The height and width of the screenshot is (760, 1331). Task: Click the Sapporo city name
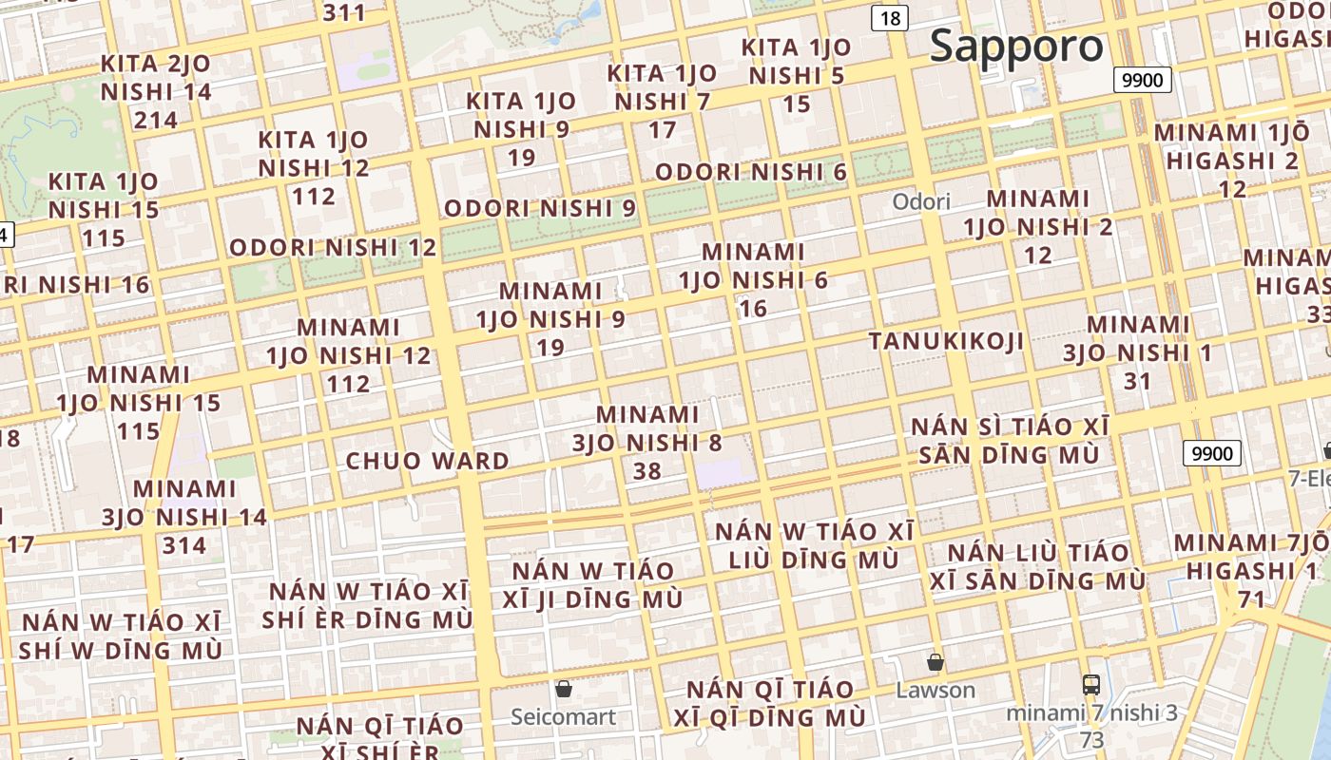(x=1016, y=47)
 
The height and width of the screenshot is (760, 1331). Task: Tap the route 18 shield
(x=890, y=18)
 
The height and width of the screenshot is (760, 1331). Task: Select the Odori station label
(x=921, y=201)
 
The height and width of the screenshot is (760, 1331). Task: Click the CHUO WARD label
(x=427, y=462)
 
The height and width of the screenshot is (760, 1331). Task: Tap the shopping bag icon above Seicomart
(x=564, y=688)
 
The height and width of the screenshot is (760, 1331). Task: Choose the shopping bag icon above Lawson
(x=936, y=662)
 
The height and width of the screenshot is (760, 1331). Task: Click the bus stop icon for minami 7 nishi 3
(x=1091, y=684)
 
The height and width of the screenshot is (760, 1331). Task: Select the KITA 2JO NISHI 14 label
(x=156, y=91)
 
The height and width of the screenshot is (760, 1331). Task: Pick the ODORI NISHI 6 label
(x=750, y=172)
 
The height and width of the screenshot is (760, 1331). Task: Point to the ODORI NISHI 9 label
(x=540, y=208)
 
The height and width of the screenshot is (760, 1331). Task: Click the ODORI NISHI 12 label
(x=333, y=248)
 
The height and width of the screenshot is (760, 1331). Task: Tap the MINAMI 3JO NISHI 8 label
(x=647, y=443)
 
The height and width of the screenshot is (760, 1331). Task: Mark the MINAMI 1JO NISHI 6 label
(x=753, y=279)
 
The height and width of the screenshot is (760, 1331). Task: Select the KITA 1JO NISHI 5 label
(x=797, y=75)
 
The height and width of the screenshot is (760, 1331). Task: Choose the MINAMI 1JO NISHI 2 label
(x=1038, y=226)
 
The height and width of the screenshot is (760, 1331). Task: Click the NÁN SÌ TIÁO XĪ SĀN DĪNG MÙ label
(x=1010, y=441)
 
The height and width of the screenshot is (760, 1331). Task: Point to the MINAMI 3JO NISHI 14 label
(x=184, y=517)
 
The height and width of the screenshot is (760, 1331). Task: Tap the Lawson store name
(x=936, y=691)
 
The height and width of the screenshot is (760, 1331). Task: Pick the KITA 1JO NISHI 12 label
(x=314, y=167)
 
